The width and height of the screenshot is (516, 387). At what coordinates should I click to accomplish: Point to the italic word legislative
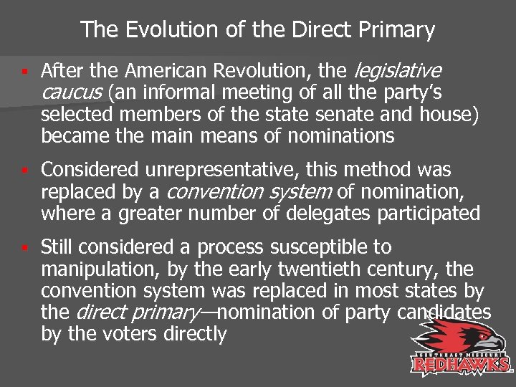tap(398, 71)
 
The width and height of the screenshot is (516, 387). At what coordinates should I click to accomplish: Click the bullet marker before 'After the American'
tap(24, 72)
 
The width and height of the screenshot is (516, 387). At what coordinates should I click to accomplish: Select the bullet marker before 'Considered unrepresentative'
tap(24, 171)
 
